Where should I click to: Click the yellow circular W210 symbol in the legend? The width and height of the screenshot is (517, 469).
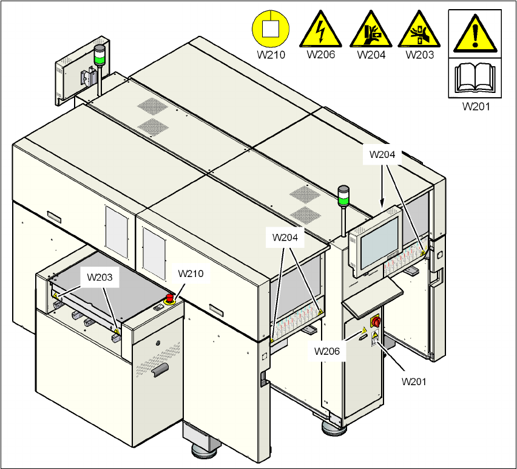(x=271, y=29)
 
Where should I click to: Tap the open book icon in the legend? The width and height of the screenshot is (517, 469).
(x=474, y=78)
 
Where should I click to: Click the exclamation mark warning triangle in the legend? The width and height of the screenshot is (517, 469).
(x=474, y=33)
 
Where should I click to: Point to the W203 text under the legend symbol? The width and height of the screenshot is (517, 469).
(x=420, y=55)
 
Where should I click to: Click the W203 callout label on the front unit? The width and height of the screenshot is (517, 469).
(x=100, y=277)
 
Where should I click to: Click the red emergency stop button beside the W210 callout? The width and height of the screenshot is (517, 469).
(x=169, y=298)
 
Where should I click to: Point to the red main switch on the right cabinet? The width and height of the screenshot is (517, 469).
(x=376, y=321)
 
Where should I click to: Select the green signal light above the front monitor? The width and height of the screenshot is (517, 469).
(x=343, y=197)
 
